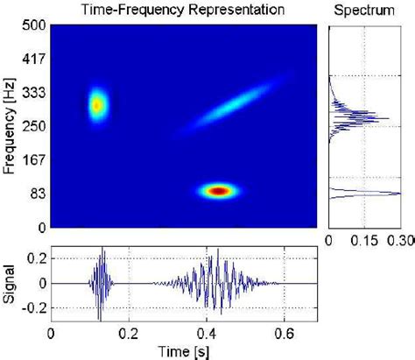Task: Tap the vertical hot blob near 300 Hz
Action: [96, 106]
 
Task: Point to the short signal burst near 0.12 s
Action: [102, 282]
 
